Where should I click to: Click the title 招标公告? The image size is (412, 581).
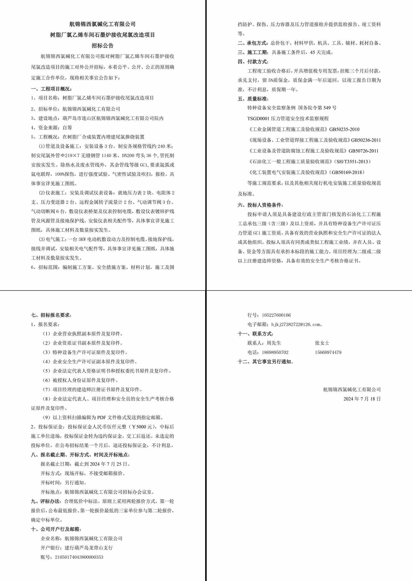(102, 46)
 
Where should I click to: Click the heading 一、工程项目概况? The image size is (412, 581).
(51, 89)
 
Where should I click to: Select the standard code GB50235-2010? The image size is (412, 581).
(344, 129)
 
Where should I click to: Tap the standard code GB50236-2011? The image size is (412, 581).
(366, 140)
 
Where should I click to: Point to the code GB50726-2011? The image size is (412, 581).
(363, 151)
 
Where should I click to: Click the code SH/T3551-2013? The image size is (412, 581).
(352, 162)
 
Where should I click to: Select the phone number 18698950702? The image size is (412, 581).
(275, 352)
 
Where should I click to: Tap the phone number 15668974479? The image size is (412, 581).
(328, 352)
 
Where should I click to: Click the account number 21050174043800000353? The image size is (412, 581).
(79, 557)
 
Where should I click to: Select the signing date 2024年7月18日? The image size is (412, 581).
(362, 399)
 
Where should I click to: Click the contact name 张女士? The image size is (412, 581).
(322, 343)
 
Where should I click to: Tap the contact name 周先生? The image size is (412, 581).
(274, 343)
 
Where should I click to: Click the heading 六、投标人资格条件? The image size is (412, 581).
(260, 205)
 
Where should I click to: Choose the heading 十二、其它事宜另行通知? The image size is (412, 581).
(266, 362)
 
